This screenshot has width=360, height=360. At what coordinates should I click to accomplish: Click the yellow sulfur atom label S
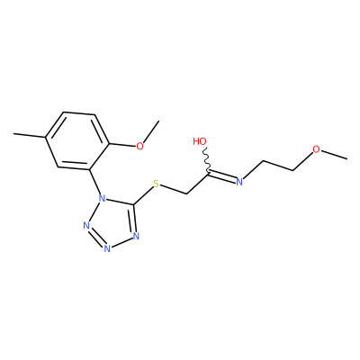(156, 184)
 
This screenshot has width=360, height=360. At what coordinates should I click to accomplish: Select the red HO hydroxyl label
(200, 141)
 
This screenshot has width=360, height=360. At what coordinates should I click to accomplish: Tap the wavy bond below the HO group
(206, 159)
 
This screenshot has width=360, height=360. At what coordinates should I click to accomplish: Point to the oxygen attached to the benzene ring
(139, 146)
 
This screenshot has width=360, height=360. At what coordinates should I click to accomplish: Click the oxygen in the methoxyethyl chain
(316, 149)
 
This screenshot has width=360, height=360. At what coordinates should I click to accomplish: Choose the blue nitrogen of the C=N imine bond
(239, 182)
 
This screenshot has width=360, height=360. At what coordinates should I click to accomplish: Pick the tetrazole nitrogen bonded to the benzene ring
(103, 198)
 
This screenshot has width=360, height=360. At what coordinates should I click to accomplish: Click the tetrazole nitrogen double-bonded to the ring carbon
(136, 236)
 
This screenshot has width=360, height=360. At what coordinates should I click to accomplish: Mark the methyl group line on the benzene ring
(30, 136)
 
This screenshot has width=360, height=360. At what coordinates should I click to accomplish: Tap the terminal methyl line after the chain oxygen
(334, 154)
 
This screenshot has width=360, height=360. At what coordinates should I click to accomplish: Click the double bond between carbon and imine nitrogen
(221, 176)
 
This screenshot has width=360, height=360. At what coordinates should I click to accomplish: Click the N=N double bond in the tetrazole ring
(95, 238)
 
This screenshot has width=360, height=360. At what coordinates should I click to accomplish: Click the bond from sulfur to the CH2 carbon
(174, 190)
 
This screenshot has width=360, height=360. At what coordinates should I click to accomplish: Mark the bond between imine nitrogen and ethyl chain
(253, 170)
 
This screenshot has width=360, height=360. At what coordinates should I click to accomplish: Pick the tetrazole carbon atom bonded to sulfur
(133, 204)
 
